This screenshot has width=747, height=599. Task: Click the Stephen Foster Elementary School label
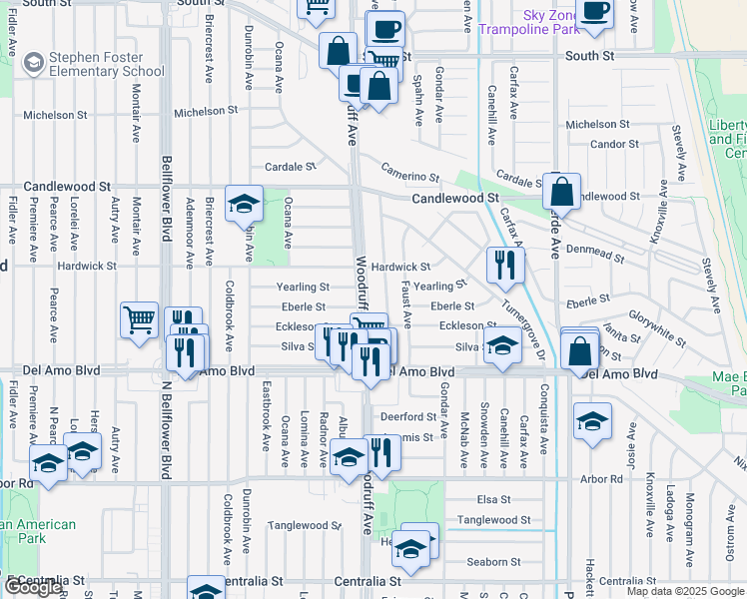pyautogui.click(x=94, y=64)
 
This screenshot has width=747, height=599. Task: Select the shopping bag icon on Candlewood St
pyautogui.click(x=562, y=191)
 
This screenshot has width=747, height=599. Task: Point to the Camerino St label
pyautogui.click(x=408, y=176)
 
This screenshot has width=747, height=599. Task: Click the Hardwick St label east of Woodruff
pyautogui.click(x=399, y=268)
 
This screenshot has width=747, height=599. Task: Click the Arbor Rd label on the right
pyautogui.click(x=601, y=479)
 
